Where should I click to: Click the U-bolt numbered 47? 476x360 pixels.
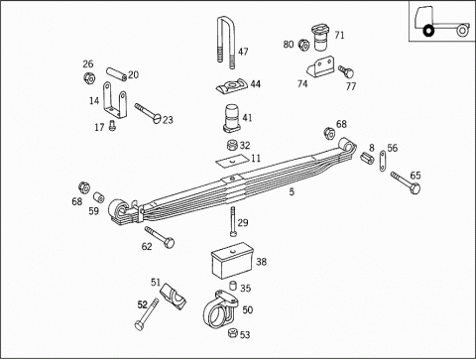(x=219, y=40)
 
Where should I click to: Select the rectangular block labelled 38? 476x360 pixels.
(x=232, y=261)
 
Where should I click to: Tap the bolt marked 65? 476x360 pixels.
(x=406, y=182)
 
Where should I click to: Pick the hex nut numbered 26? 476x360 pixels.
(x=89, y=78)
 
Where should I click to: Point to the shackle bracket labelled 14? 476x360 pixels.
(x=115, y=100)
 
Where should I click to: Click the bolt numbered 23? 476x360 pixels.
(x=148, y=113)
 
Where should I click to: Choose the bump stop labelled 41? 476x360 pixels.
(x=234, y=118)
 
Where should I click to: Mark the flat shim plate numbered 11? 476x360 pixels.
(x=233, y=160)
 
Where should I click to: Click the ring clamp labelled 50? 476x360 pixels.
(x=219, y=309)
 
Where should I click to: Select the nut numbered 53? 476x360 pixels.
(x=233, y=332)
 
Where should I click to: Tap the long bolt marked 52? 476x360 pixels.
(x=147, y=314)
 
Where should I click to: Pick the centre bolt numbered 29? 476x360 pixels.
(x=233, y=222)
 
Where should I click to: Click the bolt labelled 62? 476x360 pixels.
(x=160, y=237)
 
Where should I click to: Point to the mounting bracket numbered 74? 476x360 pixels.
(x=320, y=67)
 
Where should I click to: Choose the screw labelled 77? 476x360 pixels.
(x=346, y=71)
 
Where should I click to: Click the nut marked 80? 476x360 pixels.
(x=303, y=45)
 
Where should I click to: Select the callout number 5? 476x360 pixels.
(x=292, y=192)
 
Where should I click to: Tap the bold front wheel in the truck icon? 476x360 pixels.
(x=428, y=31)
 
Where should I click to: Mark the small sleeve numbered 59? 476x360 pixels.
(x=98, y=197)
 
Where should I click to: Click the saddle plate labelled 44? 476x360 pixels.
(x=232, y=86)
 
